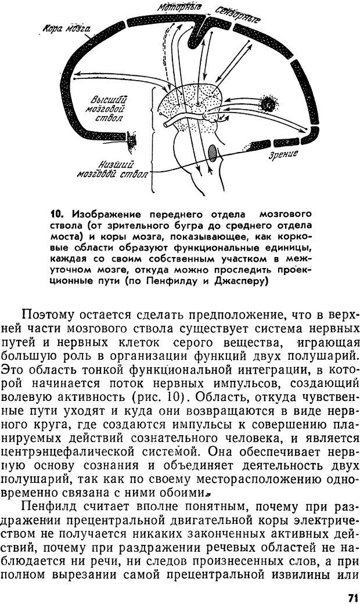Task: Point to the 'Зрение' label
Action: pyautogui.click(x=283, y=154)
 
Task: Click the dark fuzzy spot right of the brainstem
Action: pyautogui.click(x=268, y=103)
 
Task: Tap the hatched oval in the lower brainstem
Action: pyautogui.click(x=213, y=151)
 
